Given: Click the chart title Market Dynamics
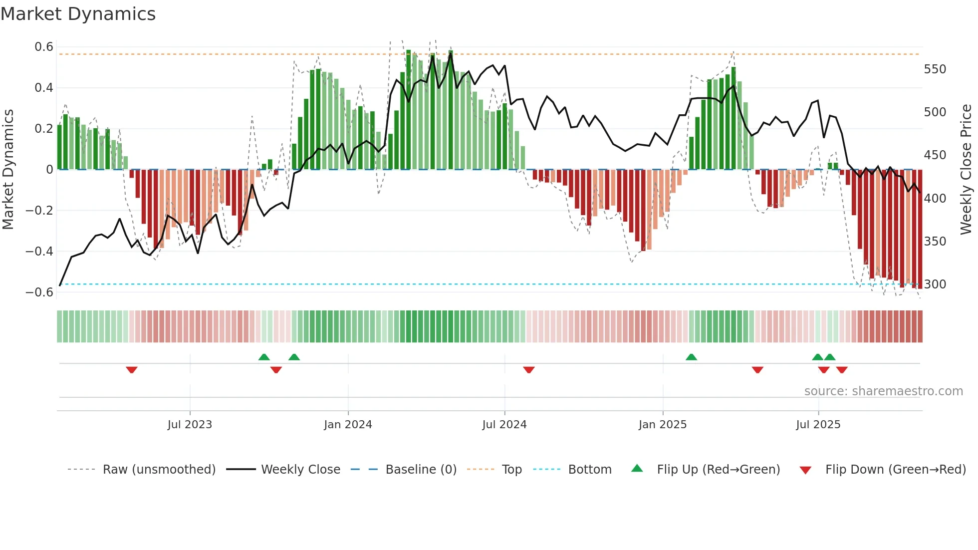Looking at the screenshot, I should point(78,14).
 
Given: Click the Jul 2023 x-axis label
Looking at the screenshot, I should point(190,425).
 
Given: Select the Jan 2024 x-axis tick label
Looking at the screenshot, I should point(348,425).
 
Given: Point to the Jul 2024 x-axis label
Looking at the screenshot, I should point(504,425).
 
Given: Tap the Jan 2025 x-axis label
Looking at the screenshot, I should point(663,425).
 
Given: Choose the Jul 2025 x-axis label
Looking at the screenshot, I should point(818,425).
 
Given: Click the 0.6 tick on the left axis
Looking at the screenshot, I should point(44,47).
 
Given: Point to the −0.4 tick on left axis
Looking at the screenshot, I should point(39,251).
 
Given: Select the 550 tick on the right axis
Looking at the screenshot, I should point(935,69).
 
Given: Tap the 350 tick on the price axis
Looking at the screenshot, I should point(935,241).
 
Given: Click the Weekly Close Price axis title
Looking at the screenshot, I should point(967,170).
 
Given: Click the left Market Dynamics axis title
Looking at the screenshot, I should point(8,170).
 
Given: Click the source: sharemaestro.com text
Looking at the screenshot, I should point(883,391).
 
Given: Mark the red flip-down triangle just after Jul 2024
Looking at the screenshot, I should point(529,370).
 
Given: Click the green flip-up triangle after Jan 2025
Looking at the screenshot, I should point(691,357).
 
